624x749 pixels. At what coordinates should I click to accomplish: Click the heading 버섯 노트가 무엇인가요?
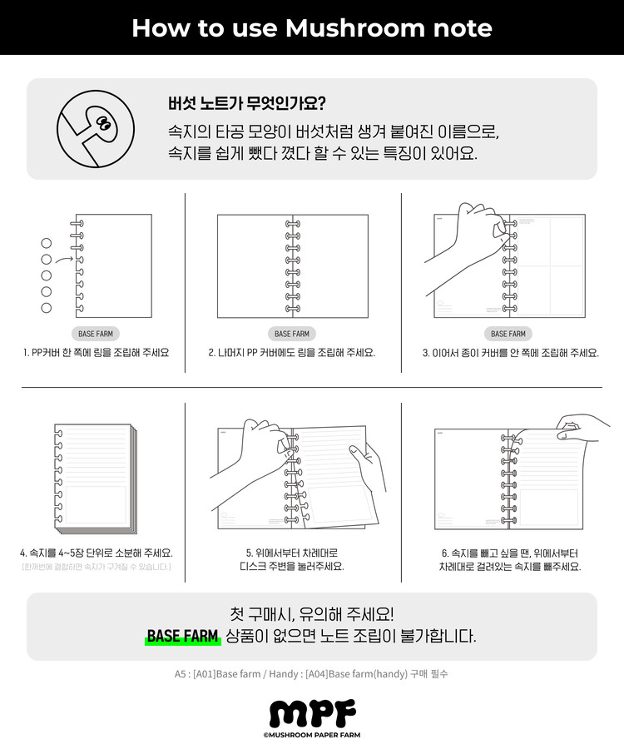click(x=246, y=103)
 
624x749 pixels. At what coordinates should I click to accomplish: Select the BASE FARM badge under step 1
click(x=97, y=334)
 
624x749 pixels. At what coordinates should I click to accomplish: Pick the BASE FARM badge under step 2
click(x=291, y=334)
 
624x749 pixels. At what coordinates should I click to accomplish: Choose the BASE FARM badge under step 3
click(x=508, y=334)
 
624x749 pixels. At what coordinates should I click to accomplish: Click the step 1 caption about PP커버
click(x=96, y=353)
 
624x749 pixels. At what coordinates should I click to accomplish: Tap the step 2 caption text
click(x=291, y=353)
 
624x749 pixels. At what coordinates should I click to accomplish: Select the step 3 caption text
click(x=510, y=353)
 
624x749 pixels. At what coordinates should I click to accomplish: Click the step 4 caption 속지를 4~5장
click(x=96, y=553)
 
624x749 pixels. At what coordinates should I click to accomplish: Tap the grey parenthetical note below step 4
click(x=96, y=567)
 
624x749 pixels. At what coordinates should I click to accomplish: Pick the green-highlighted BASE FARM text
click(x=182, y=637)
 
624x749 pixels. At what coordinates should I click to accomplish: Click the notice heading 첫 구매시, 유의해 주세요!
click(x=311, y=614)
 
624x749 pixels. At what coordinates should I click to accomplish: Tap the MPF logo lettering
click(x=312, y=713)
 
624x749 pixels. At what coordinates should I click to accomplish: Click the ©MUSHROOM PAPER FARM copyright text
click(x=312, y=735)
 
